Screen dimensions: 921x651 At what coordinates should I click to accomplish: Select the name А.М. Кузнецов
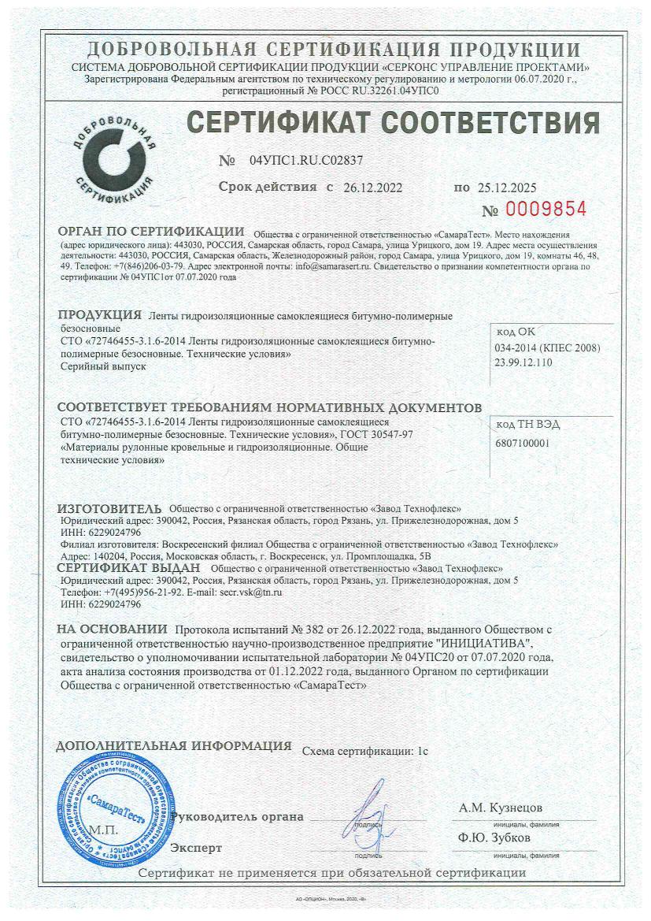tap(501, 808)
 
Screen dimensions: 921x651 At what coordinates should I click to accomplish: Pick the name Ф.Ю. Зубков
tap(494, 837)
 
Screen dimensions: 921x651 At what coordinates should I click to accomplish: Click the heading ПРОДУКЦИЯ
tap(100, 315)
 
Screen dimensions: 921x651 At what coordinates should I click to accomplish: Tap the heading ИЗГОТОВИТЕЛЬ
tap(110, 508)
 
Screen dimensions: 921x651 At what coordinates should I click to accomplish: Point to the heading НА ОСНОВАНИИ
tap(113, 629)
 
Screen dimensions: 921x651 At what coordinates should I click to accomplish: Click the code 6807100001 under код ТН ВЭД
tap(523, 443)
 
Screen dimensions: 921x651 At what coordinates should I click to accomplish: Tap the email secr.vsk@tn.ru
tap(250, 591)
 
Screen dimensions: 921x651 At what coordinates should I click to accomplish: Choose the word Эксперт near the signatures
tap(196, 848)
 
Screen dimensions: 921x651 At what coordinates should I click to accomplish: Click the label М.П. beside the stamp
tap(103, 830)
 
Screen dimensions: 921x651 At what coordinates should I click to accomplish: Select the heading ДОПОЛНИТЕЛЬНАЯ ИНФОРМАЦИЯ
tap(174, 745)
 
